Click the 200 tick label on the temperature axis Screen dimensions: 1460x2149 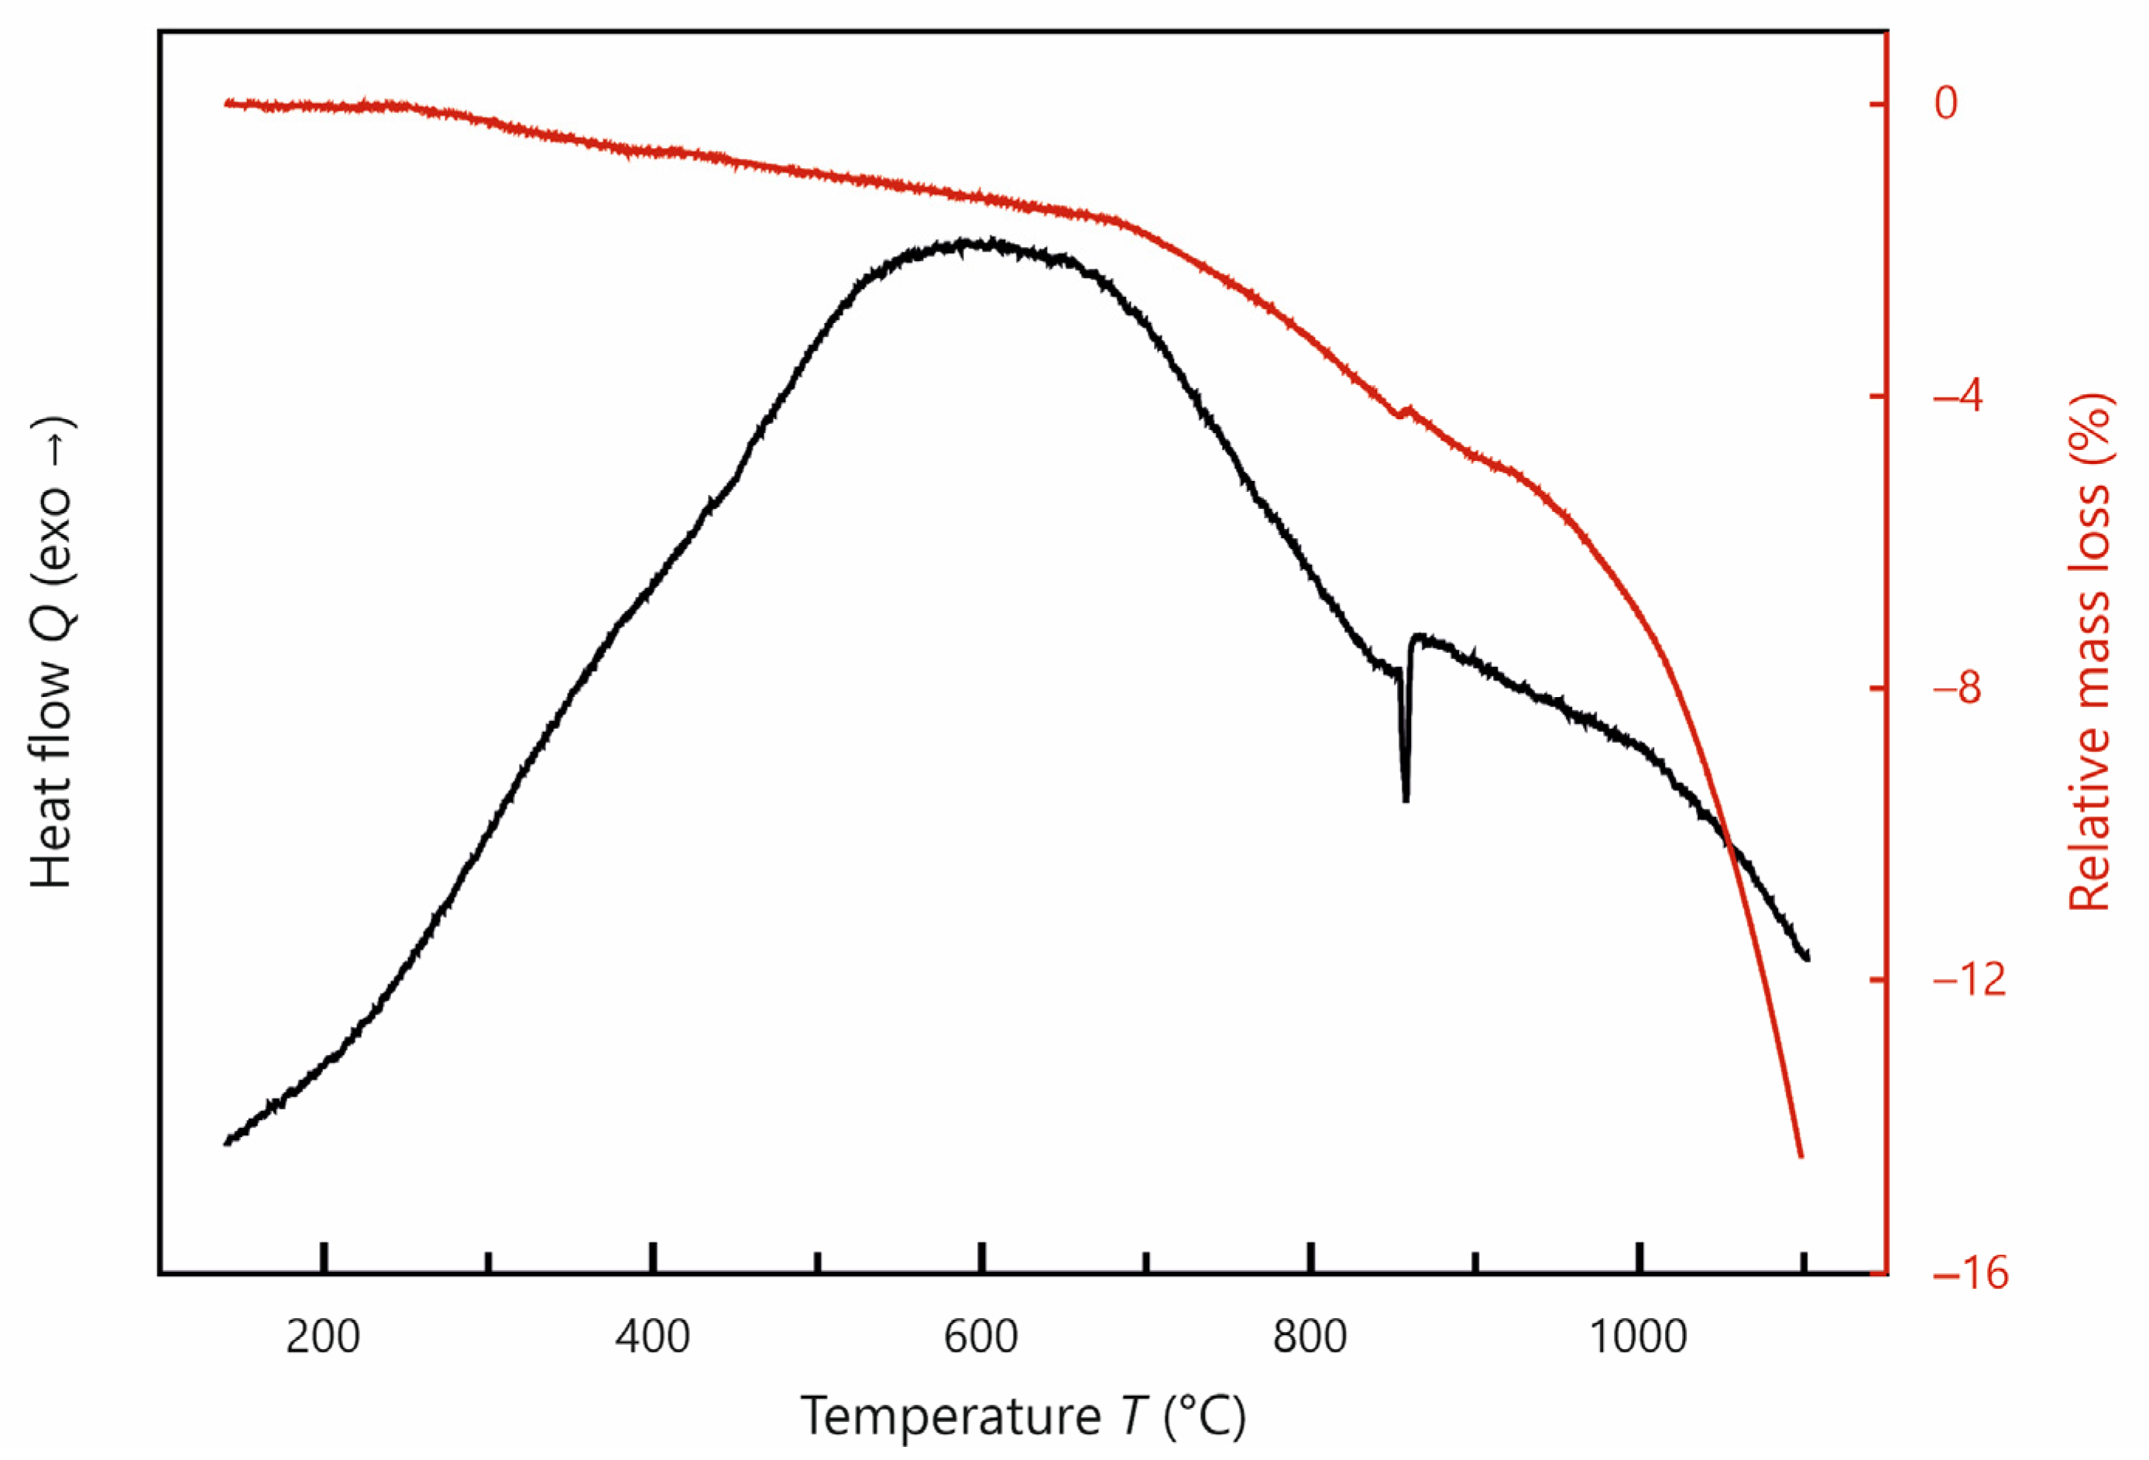tap(323, 1337)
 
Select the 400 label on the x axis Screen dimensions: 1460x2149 tap(652, 1337)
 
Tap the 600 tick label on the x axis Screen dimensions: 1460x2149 tap(981, 1337)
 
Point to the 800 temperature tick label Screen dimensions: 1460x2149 tap(1310, 1337)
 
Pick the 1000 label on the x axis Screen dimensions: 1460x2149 tap(1639, 1337)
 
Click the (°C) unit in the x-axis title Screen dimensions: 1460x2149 tap(1205, 1416)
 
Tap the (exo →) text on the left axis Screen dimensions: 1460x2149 tap(51, 500)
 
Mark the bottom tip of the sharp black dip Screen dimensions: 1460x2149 tap(1406, 801)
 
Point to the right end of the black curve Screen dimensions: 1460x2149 tap(1807, 958)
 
